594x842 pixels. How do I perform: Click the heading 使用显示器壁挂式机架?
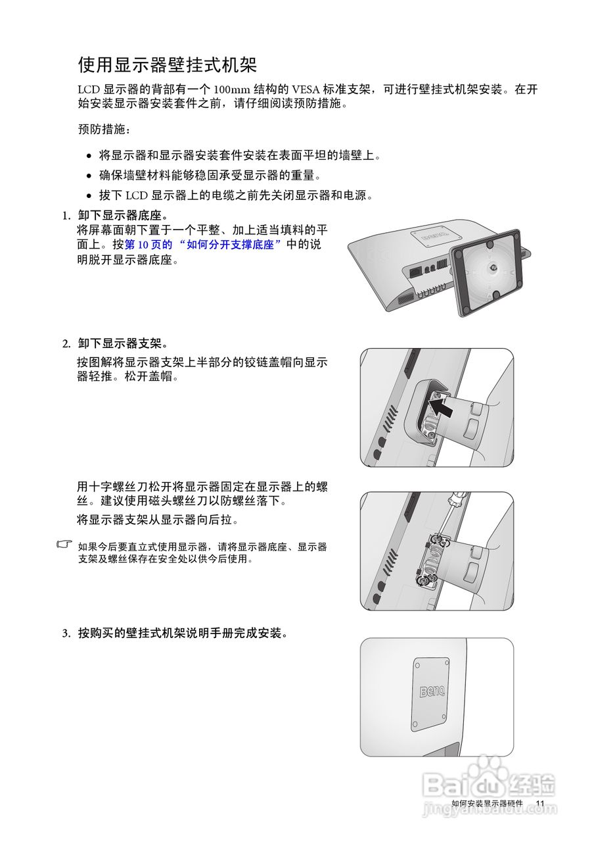click(167, 65)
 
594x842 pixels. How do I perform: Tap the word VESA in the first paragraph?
click(308, 89)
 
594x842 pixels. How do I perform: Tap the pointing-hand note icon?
click(64, 545)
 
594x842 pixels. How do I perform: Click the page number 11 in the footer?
click(540, 804)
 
